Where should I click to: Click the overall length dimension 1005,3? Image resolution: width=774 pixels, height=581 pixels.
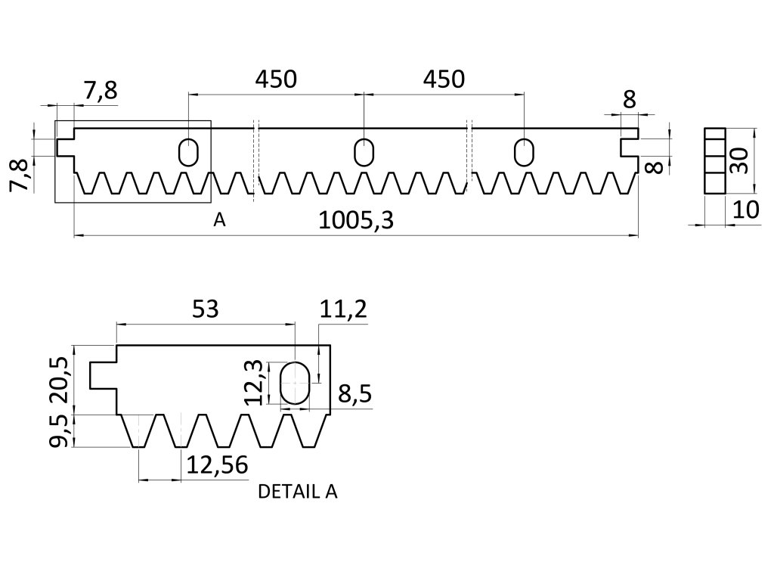358,221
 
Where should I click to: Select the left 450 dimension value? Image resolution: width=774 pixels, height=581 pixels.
276,79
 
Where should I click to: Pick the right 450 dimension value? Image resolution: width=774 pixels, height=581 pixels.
444,79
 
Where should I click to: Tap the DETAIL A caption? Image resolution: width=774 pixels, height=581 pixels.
298,492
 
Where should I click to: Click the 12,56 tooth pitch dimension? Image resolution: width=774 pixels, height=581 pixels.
217,464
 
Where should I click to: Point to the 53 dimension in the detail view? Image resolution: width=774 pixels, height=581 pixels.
206,309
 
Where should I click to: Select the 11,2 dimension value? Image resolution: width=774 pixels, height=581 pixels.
344,309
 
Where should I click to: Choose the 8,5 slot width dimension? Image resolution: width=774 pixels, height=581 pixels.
354,395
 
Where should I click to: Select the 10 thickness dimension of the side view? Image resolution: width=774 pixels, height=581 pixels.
746,210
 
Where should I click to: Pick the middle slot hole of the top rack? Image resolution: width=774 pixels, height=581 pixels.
364,151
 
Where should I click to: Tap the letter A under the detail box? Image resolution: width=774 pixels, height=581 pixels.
219,220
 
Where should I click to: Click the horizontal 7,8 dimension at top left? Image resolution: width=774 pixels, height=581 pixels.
101,91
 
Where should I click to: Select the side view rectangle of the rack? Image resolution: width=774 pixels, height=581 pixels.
714,160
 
